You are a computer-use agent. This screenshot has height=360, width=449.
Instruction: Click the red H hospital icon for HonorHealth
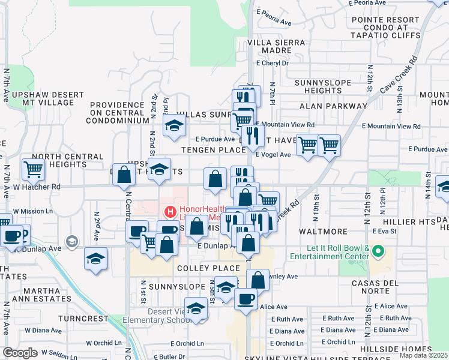[x=170, y=212]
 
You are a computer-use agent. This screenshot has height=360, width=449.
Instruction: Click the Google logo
[x=20, y=353]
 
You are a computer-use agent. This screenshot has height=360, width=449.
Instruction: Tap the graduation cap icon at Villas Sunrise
[x=174, y=125]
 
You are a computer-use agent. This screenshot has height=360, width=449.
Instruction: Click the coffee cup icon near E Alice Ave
[x=245, y=299]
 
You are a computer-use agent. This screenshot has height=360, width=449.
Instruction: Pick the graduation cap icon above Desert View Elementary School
[x=195, y=308]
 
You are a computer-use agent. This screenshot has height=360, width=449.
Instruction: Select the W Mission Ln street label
[x=32, y=211]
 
